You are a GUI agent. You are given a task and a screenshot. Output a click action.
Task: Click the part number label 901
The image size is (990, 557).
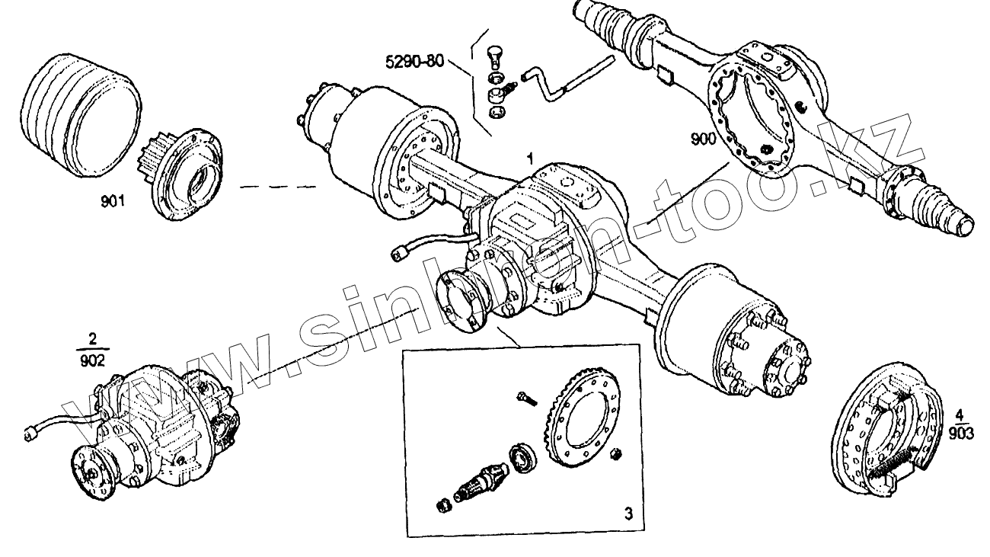[112, 202]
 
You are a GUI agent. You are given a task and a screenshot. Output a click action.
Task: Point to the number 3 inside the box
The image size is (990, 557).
[628, 513]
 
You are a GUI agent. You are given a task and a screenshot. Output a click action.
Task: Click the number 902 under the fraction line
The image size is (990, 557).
[93, 362]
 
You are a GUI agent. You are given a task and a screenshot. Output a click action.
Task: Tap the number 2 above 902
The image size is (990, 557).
[93, 338]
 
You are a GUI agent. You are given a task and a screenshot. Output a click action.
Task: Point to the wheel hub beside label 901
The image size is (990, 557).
[187, 174]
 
